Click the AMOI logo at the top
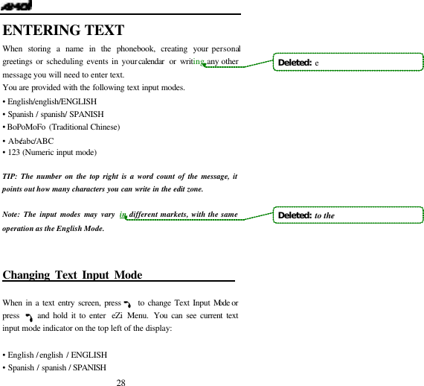[16, 6]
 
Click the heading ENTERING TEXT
[63, 31]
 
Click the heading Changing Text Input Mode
[73, 276]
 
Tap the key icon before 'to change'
[129, 304]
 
